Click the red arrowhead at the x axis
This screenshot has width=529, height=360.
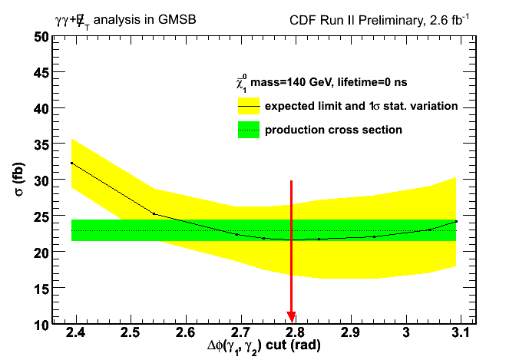click(x=291, y=318)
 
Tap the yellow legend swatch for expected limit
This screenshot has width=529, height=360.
click(x=249, y=105)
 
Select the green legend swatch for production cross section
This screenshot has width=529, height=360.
click(x=249, y=130)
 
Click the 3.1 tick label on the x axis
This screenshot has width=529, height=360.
click(x=461, y=334)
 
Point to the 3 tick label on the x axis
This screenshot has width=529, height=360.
click(x=407, y=334)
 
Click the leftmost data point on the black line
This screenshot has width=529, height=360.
click(x=71, y=163)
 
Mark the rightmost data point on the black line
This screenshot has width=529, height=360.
click(x=456, y=221)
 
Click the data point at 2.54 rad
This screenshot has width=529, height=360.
click(x=154, y=213)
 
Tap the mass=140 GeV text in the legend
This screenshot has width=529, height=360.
click(x=293, y=83)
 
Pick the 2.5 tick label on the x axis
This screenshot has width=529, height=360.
click(x=130, y=334)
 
